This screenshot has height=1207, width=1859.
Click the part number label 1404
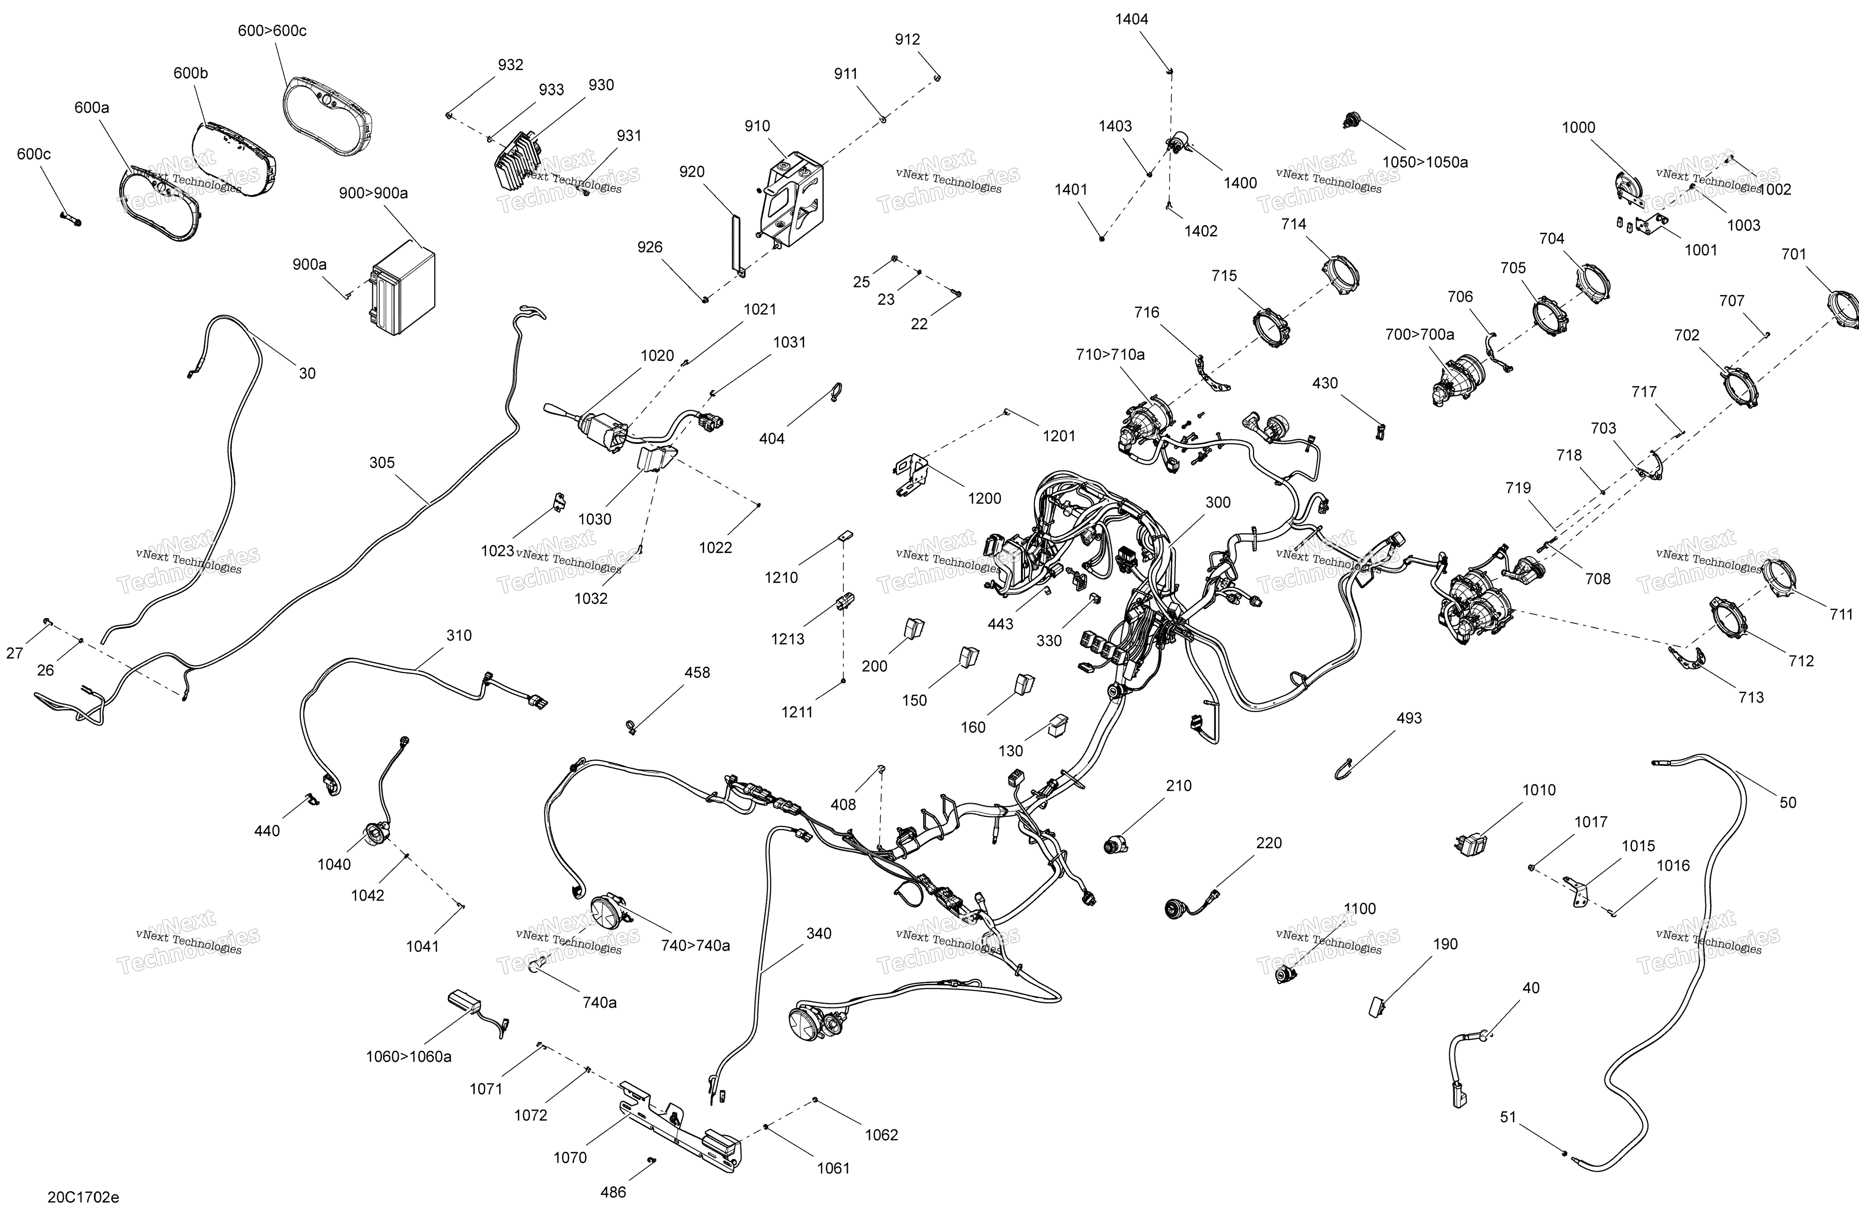point(1131,20)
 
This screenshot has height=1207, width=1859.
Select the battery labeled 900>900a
point(402,287)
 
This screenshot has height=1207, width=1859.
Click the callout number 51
point(1508,1117)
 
